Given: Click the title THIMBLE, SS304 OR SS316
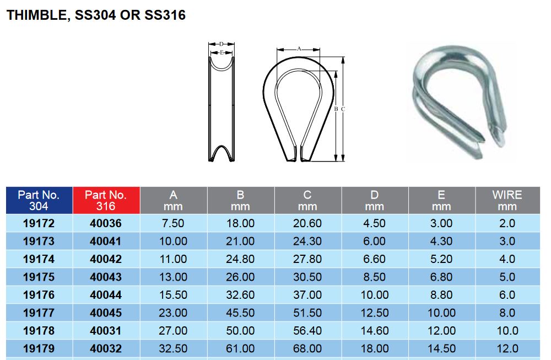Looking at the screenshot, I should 95,15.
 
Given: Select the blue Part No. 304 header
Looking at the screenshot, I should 39,201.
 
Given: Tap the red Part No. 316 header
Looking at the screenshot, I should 106,201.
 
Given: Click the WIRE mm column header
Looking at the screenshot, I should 506,201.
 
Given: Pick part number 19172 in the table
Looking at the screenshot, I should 39,223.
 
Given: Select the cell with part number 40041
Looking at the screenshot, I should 106,241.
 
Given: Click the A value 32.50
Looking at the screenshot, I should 173,348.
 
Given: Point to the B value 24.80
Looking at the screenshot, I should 240,259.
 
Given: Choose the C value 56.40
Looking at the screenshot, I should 307,331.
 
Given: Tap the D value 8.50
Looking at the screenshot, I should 375,277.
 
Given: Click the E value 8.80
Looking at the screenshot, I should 441,295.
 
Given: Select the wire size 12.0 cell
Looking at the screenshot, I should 506,348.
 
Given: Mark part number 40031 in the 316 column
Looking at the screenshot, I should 106,331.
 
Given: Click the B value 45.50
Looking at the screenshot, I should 240,313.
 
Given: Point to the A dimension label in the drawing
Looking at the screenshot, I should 299,49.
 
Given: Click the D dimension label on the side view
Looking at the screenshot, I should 221,44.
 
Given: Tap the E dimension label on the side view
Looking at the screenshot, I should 221,53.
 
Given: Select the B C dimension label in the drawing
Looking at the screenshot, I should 339,109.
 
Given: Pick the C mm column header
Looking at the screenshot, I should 307,201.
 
